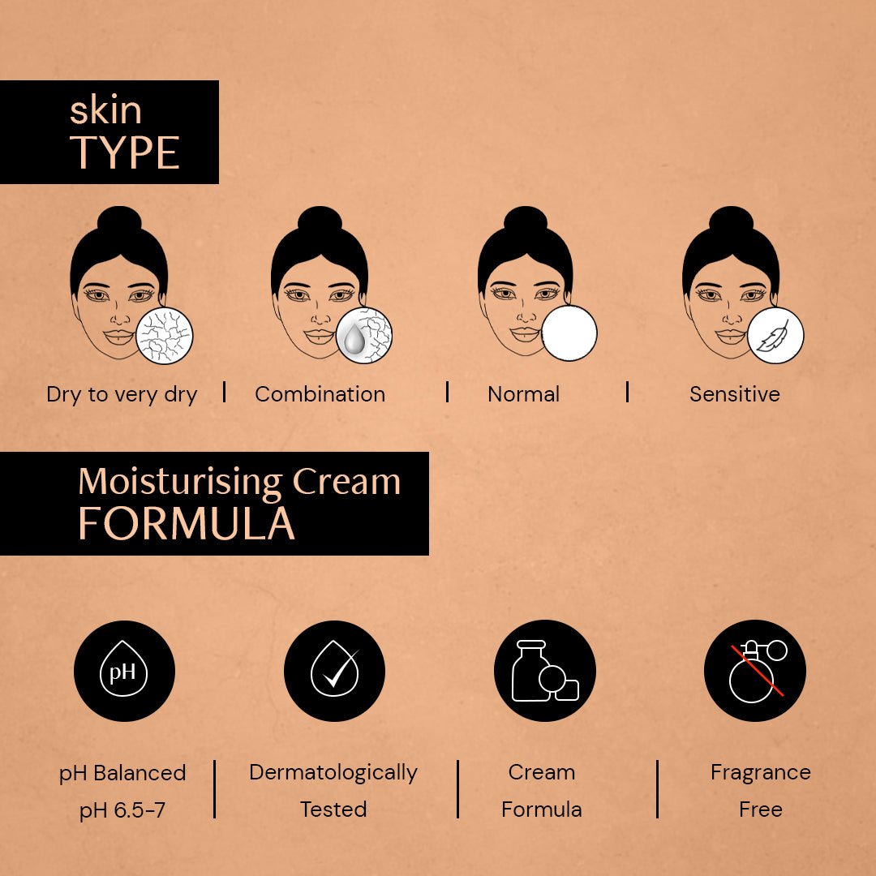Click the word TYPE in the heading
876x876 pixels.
coord(125,152)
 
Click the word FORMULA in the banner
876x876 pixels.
coord(186,524)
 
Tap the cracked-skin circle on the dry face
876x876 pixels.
coord(165,335)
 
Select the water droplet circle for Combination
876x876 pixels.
coord(364,335)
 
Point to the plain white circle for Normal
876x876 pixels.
coord(569,333)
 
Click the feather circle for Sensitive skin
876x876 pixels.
coord(775,335)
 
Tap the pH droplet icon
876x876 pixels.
coord(124,671)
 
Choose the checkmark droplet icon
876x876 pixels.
coord(334,671)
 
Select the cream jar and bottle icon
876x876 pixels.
coord(544,671)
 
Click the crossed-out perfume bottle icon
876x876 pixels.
coord(754,671)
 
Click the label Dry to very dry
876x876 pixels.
coord(122,395)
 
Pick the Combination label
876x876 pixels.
coord(320,395)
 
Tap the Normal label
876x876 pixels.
coord(523,395)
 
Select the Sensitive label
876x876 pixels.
coord(734,395)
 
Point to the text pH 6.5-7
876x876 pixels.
coord(122,809)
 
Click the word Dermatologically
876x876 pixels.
coord(333,772)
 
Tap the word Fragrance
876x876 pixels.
coord(760,772)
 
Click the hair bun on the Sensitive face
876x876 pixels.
coord(731,219)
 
